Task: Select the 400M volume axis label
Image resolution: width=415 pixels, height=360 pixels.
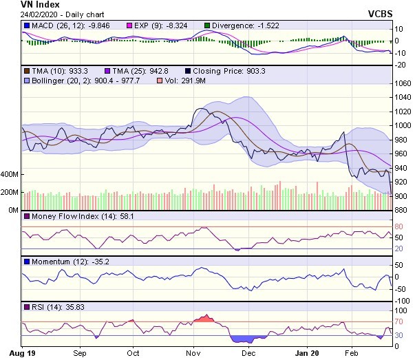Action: [10, 175]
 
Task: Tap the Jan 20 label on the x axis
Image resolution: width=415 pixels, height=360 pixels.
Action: [305, 352]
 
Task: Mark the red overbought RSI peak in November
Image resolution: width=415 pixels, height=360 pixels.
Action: [204, 318]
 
